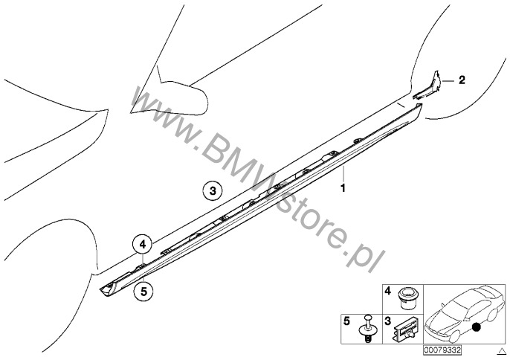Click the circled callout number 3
(x=213, y=190)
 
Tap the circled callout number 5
(x=143, y=291)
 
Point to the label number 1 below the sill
(x=342, y=188)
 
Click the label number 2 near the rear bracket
(x=462, y=80)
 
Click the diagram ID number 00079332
(x=442, y=350)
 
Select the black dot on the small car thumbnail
(x=477, y=327)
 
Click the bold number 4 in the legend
(x=388, y=291)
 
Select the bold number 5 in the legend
(x=346, y=321)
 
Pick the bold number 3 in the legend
(x=388, y=321)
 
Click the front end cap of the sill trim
(x=108, y=289)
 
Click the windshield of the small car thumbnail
(x=455, y=305)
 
